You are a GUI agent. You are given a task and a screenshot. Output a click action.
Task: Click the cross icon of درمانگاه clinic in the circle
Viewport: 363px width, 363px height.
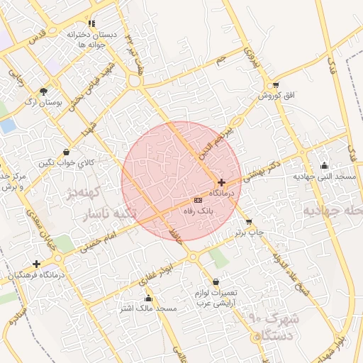[222, 182]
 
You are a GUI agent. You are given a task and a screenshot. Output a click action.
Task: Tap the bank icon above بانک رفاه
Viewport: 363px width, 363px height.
[198, 201]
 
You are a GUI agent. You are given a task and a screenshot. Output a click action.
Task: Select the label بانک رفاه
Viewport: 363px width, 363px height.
[199, 211]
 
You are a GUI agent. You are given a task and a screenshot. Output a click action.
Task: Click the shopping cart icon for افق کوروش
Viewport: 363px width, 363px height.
[274, 84]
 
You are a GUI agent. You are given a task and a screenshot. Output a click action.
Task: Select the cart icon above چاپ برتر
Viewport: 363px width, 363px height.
[248, 221]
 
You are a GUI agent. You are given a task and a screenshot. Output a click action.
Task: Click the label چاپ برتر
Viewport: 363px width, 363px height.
[250, 232]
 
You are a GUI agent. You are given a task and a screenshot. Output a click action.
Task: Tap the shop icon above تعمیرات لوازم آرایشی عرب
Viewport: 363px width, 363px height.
[216, 282]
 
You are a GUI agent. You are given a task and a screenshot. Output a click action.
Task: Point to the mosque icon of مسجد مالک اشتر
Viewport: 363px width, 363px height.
[148, 298]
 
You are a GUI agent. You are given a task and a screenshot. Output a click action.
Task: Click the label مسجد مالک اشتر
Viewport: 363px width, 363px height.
[148, 309]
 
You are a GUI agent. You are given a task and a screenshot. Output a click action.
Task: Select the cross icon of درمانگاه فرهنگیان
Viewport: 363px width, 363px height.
[36, 264]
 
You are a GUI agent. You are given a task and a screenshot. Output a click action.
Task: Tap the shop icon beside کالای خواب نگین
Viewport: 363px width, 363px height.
[66, 151]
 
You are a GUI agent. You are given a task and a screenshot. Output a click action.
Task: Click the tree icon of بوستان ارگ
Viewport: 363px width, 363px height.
[43, 91]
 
